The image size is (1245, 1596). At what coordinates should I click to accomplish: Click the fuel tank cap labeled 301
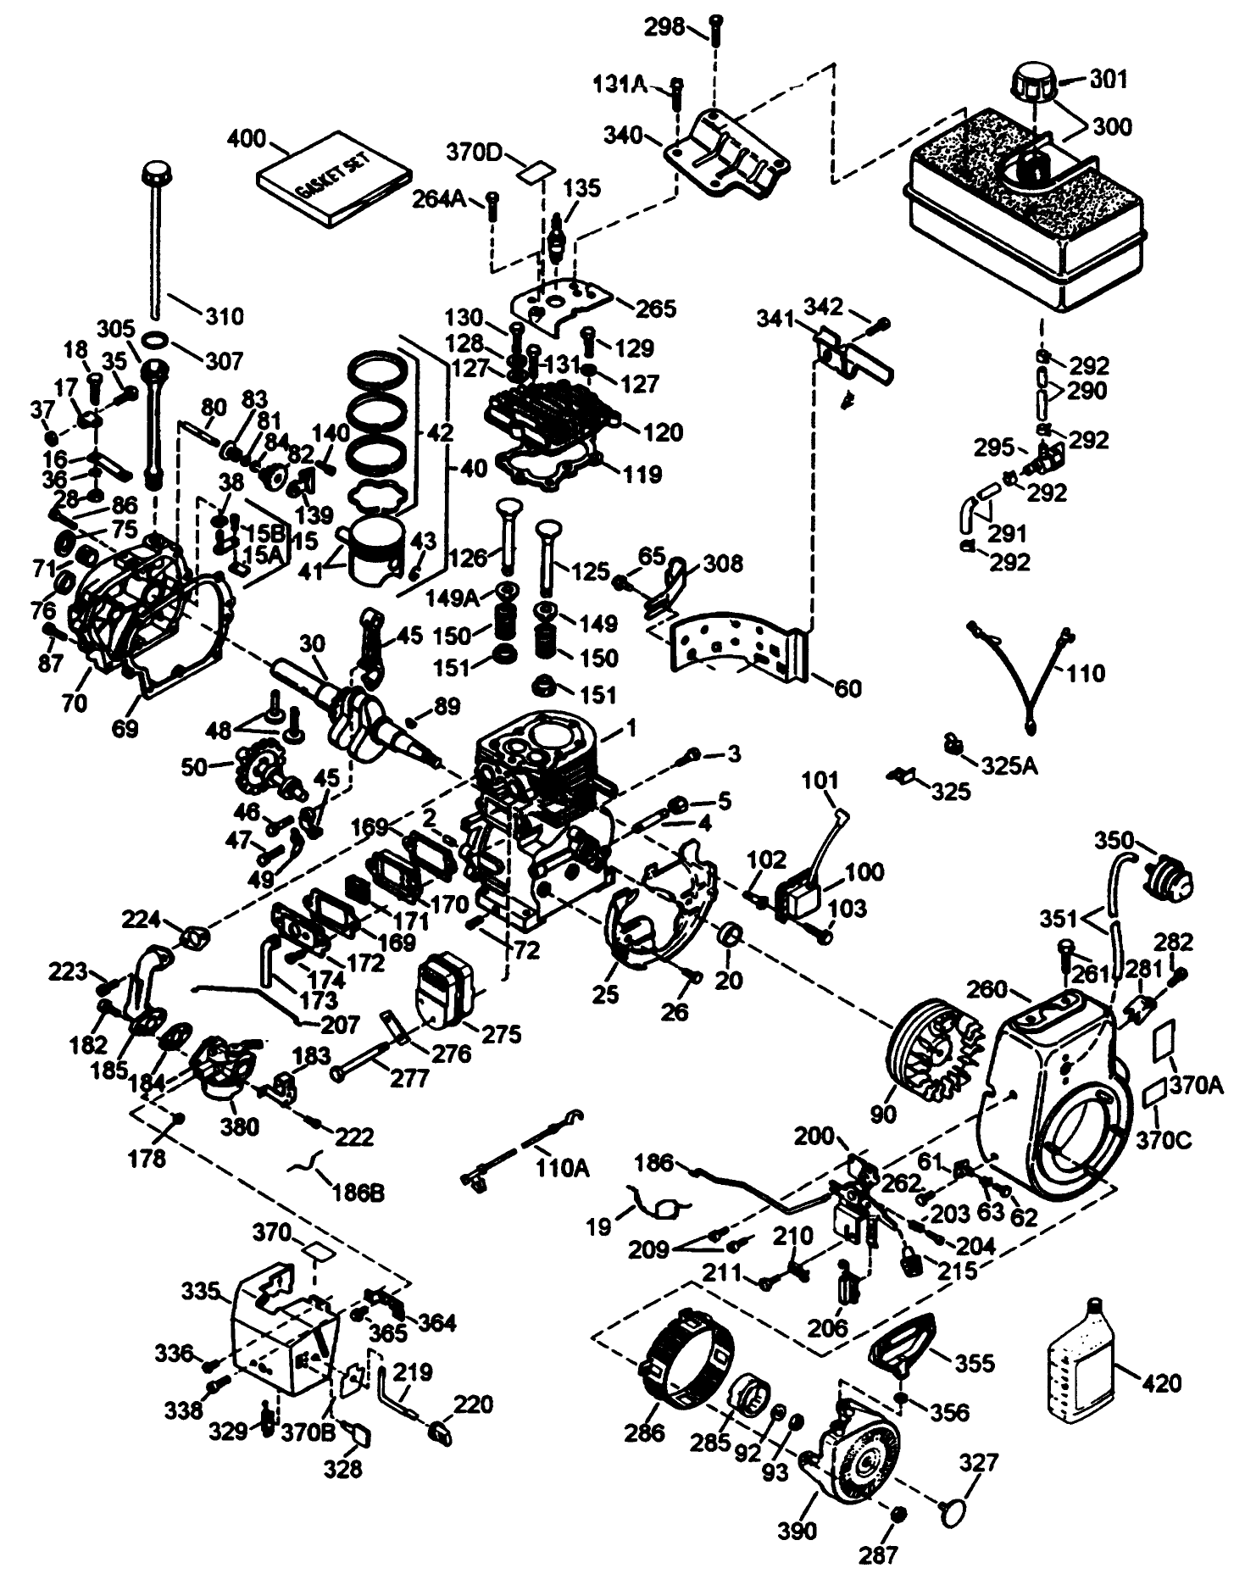point(1031,85)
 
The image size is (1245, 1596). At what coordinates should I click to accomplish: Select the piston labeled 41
point(371,547)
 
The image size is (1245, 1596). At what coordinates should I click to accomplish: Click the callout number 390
point(798,1530)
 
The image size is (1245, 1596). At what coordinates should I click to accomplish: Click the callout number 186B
point(356,1193)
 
